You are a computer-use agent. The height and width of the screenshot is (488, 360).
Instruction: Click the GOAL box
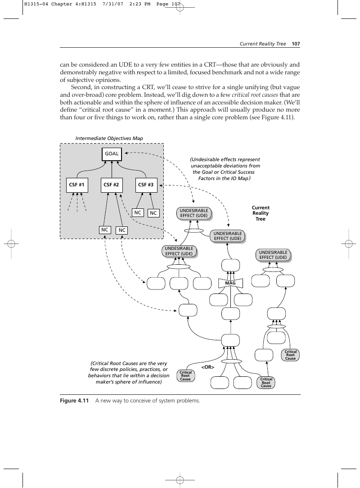pyautogui.click(x=112, y=154)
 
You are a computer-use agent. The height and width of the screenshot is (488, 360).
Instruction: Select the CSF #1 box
pyautogui.click(x=76, y=185)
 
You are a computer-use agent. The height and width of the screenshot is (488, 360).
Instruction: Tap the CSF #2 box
pyautogui.click(x=111, y=185)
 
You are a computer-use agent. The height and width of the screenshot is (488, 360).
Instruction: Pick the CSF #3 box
pyautogui.click(x=146, y=185)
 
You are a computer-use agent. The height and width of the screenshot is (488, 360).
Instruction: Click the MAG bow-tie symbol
pyautogui.click(x=230, y=283)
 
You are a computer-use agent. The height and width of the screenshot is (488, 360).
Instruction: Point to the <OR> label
pyautogui.click(x=208, y=367)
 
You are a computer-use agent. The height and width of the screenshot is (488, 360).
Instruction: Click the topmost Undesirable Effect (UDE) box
pyautogui.click(x=194, y=213)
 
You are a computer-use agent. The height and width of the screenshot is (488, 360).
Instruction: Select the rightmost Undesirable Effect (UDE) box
pyautogui.click(x=273, y=255)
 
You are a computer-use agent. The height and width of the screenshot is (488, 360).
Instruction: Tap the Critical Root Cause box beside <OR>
pyautogui.click(x=185, y=375)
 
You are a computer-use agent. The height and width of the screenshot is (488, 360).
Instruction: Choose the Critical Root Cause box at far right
pyautogui.click(x=291, y=355)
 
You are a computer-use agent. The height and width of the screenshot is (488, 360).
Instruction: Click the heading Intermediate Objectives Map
pyautogui.click(x=109, y=138)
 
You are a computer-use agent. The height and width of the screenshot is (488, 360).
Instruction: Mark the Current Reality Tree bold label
pyautogui.click(x=261, y=213)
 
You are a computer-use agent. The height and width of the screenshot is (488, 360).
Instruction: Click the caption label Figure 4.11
pyautogui.click(x=74, y=401)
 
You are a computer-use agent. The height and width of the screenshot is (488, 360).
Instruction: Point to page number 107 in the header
pyautogui.click(x=296, y=44)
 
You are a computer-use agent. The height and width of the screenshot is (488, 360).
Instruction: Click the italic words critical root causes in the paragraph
pyautogui.click(x=255, y=95)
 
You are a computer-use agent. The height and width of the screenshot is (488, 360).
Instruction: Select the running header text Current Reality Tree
pyautogui.click(x=263, y=44)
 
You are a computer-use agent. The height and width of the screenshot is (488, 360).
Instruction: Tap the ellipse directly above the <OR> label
pyautogui.click(x=231, y=361)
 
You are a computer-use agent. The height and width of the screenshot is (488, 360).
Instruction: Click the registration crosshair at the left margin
pyautogui.click(x=11, y=244)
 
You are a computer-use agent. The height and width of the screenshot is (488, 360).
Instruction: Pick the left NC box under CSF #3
pyautogui.click(x=138, y=212)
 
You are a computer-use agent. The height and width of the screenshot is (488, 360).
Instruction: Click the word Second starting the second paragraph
pyautogui.click(x=81, y=87)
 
